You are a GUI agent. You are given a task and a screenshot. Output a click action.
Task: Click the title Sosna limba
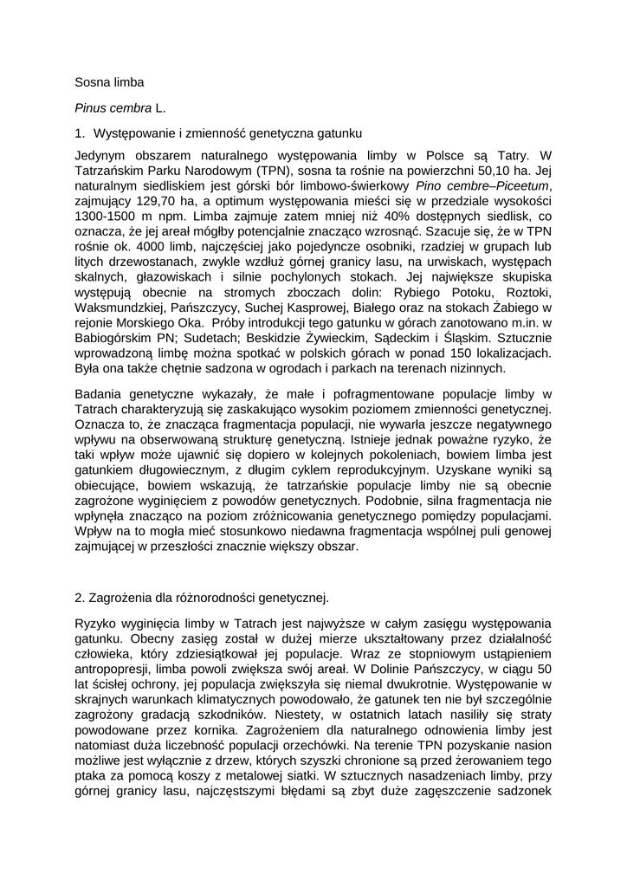pyautogui.click(x=109, y=83)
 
